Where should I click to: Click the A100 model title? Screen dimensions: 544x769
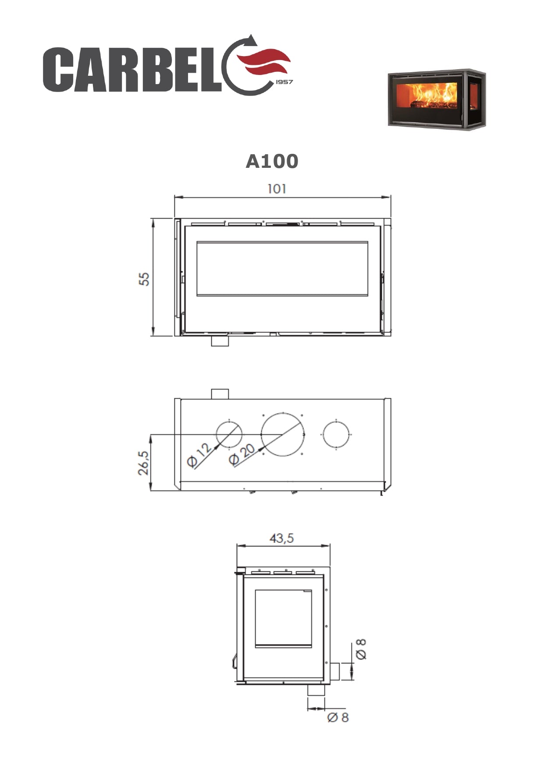[x=272, y=161]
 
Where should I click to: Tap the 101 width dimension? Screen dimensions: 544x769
[x=277, y=189]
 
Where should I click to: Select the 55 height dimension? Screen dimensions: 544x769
[x=144, y=279]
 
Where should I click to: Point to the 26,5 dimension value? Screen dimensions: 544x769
[x=143, y=463]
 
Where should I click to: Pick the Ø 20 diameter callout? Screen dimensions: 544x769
[x=242, y=454]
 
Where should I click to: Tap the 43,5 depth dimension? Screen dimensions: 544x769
[x=281, y=538]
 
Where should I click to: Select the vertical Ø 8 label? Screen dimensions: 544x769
[x=361, y=649]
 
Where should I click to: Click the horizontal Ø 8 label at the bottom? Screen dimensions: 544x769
[x=338, y=717]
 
